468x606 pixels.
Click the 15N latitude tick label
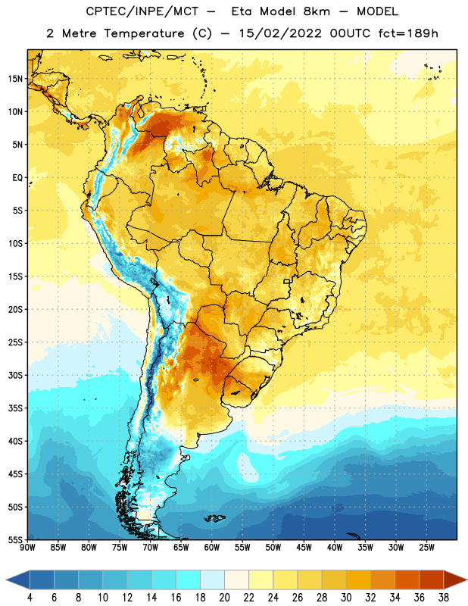15,79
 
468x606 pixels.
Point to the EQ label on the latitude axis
17,178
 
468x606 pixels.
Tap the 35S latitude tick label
15,408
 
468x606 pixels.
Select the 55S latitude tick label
15,539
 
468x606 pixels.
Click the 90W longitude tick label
27,548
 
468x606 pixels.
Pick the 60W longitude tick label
212,548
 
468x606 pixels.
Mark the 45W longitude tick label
304,548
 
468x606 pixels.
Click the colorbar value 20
224,598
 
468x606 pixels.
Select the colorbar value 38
444,598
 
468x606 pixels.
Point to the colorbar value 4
30,598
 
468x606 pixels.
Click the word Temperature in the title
144,33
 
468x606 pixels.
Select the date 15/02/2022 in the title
280,33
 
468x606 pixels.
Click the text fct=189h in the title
408,33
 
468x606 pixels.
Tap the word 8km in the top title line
317,11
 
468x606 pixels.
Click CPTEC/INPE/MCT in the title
142,11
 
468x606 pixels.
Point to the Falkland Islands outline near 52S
214,518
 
